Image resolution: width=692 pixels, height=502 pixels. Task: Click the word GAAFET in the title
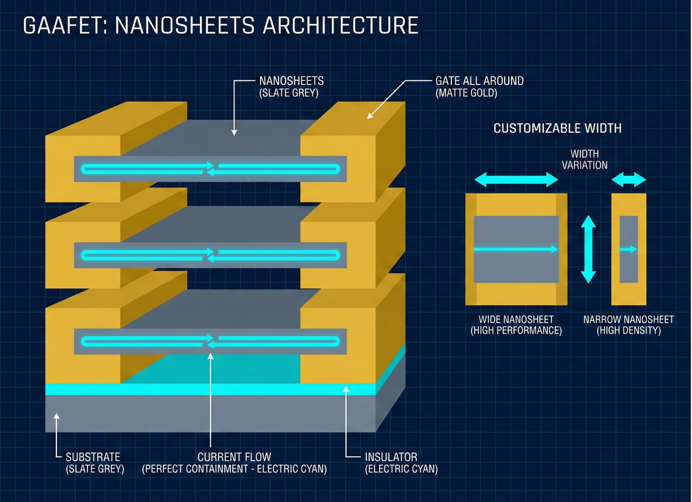point(63,25)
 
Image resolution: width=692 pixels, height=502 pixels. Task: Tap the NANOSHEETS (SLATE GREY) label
point(291,87)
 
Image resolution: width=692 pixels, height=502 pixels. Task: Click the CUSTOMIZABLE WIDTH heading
point(557,128)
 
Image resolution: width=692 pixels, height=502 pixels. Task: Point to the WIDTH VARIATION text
point(584,159)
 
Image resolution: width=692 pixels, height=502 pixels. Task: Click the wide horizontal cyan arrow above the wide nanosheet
point(516,180)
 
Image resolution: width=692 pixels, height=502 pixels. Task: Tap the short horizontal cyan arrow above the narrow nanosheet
point(628,179)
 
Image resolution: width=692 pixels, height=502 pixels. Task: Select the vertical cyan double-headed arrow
point(588,249)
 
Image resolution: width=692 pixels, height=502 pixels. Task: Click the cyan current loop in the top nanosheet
point(210,169)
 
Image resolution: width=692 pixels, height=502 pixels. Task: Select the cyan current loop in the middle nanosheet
point(210,255)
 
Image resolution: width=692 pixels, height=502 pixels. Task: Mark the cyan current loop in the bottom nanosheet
point(210,341)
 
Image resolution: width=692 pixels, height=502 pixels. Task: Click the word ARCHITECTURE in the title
point(341,25)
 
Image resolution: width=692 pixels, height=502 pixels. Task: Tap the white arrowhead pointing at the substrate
point(57,416)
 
